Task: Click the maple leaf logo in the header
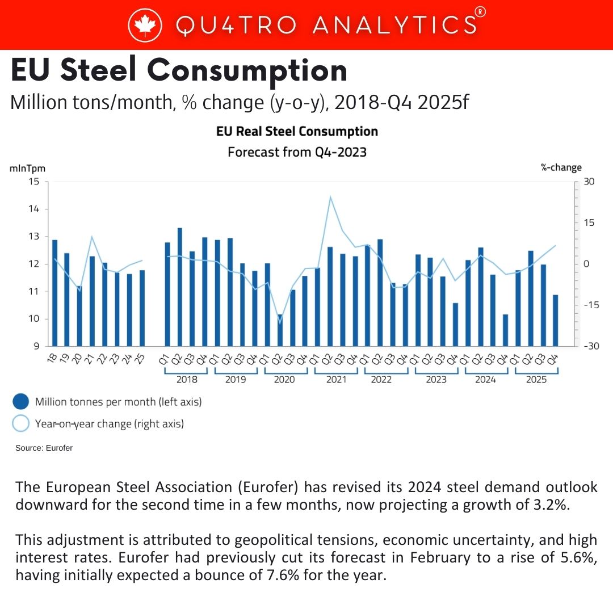(x=145, y=24)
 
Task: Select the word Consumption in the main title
(x=247, y=71)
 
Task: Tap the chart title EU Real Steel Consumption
(x=297, y=131)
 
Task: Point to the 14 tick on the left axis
(x=34, y=209)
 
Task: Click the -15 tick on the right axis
(x=591, y=305)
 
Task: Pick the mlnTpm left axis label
(x=27, y=169)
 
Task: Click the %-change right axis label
(x=561, y=167)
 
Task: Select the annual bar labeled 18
(x=54, y=293)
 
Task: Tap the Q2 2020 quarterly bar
(x=280, y=330)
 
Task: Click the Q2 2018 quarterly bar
(x=180, y=287)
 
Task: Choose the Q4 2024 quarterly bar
(x=505, y=330)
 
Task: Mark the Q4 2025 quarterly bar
(x=555, y=321)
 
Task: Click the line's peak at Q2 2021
(x=330, y=196)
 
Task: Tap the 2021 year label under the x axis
(x=336, y=379)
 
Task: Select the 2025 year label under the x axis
(x=536, y=379)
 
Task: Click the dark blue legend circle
(x=21, y=401)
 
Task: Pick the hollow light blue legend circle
(x=21, y=423)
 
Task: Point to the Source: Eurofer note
(x=44, y=448)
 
